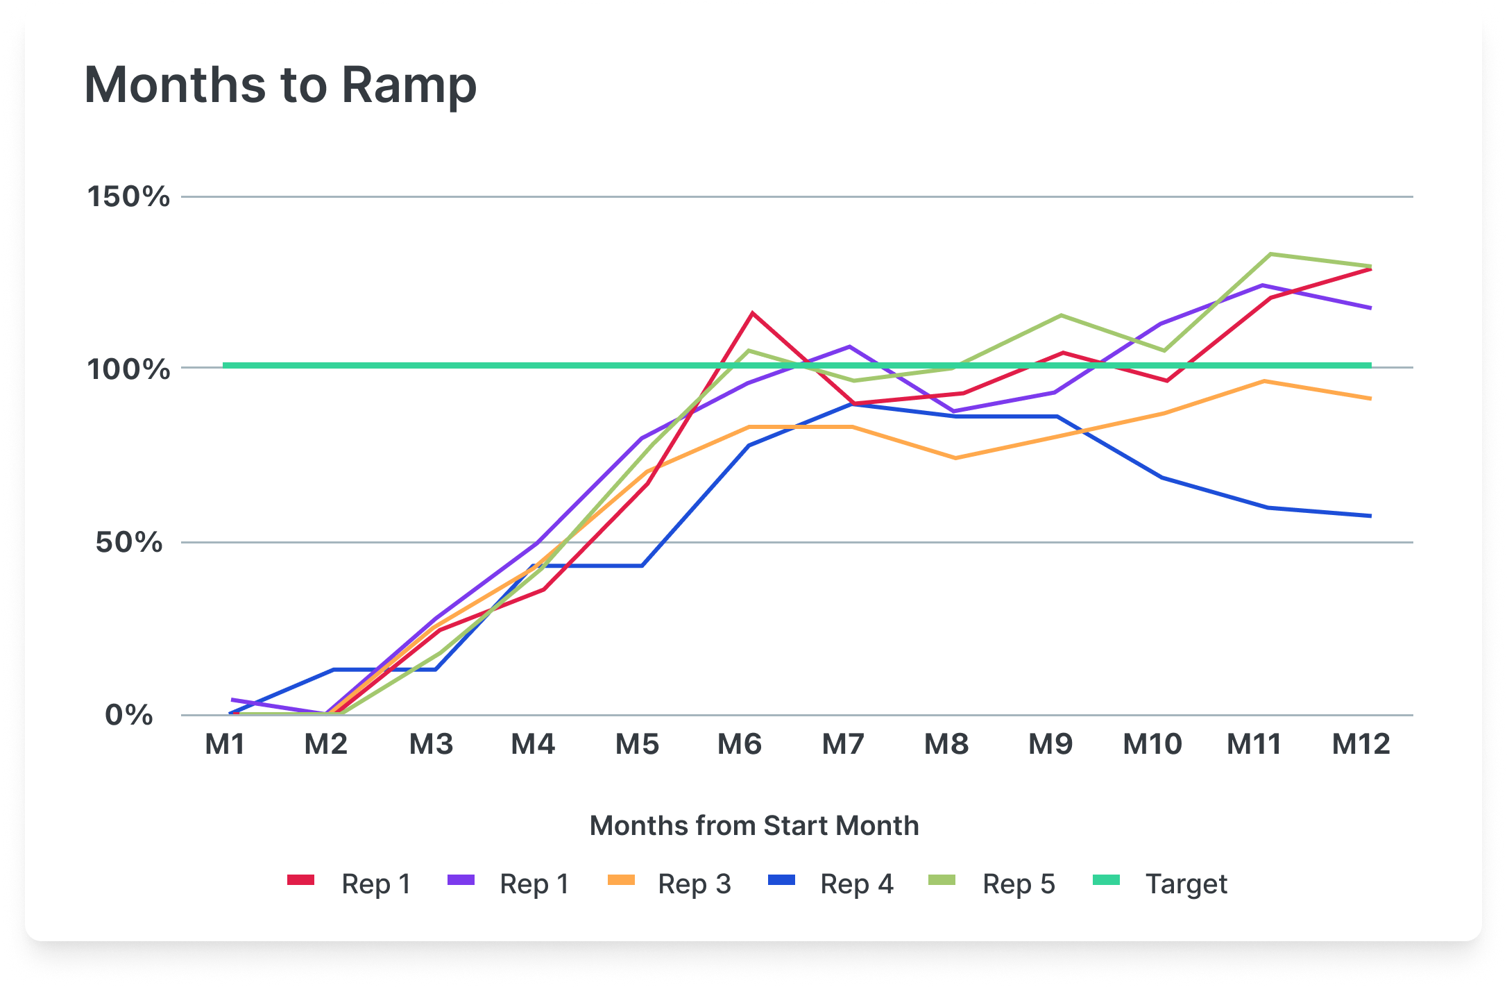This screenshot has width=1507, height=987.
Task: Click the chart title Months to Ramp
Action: pos(280,85)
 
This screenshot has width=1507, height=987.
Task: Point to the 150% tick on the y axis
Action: pos(128,196)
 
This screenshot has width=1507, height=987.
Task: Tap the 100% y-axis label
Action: pos(128,369)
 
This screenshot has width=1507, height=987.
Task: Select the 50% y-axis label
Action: pos(129,542)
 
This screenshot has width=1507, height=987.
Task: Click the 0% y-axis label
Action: pos(129,715)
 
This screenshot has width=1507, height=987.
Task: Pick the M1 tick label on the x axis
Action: pos(225,744)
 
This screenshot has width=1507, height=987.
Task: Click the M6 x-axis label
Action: pos(740,744)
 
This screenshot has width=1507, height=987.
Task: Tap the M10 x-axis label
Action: pos(1152,744)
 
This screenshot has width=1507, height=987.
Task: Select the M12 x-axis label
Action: pos(1361,744)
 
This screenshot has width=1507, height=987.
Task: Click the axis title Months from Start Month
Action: pos(754,826)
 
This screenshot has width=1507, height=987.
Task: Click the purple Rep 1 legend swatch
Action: pos(461,880)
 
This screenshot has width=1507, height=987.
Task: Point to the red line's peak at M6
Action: pos(752,313)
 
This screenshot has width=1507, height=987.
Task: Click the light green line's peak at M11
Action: pos(1270,254)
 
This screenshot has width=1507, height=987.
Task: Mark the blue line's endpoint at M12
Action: pos(1370,516)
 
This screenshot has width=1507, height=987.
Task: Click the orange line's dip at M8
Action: pos(955,458)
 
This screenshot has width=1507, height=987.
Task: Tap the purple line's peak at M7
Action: pos(849,346)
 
